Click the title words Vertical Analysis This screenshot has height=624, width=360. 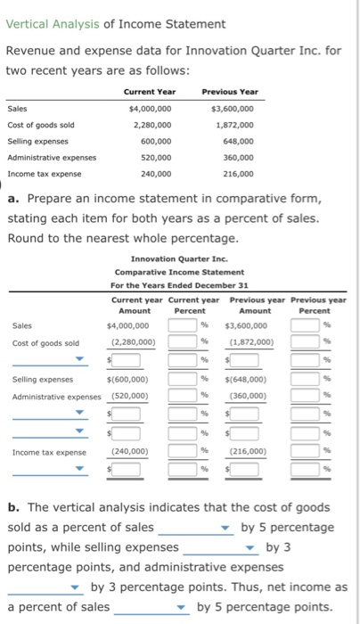47,22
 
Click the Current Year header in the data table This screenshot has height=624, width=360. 150,91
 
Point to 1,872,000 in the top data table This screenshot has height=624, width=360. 233,124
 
